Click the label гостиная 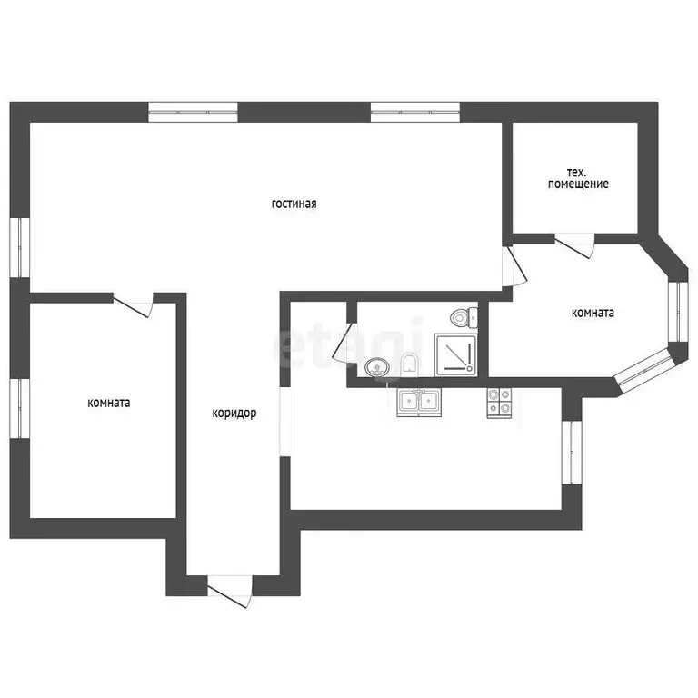click(x=294, y=204)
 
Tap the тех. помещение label click(x=578, y=178)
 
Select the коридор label click(x=234, y=414)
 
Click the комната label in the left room click(x=109, y=403)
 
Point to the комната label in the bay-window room click(x=593, y=313)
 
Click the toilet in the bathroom click(x=463, y=317)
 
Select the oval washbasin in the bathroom click(x=377, y=368)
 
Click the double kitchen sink click(x=419, y=402)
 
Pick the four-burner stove click(x=499, y=403)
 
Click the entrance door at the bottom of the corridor click(x=230, y=590)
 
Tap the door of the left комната click(x=133, y=305)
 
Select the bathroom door click(x=344, y=342)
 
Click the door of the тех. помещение click(x=574, y=245)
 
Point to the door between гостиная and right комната click(x=514, y=266)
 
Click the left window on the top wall click(x=194, y=112)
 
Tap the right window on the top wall click(x=415, y=112)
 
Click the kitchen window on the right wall click(x=572, y=453)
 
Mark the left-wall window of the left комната click(x=20, y=409)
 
